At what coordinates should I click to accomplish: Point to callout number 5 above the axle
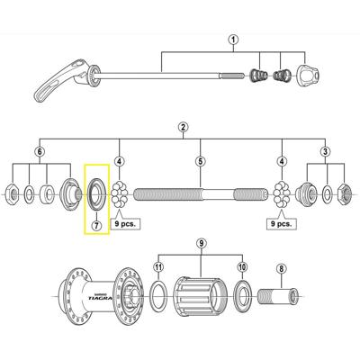[x=198, y=162]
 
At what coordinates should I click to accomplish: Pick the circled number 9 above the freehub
[x=200, y=242]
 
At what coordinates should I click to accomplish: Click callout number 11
[x=159, y=268]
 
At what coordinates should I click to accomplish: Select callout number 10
[x=241, y=268]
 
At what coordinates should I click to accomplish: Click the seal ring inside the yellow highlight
[x=95, y=192]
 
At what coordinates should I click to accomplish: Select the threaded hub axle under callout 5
[x=198, y=193]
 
